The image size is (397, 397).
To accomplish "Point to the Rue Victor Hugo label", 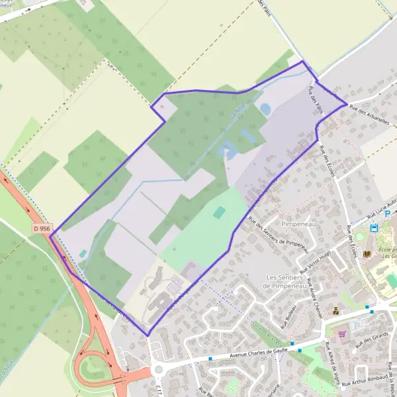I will tap(314, 263).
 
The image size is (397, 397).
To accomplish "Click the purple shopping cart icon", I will tap(343, 333).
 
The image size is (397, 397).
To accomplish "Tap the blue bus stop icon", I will tap(374, 228).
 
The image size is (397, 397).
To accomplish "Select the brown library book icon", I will tap(367, 254).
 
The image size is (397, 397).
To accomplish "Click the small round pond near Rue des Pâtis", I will tap(265, 108).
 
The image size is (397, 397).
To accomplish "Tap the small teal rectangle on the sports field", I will tap(219, 212).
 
